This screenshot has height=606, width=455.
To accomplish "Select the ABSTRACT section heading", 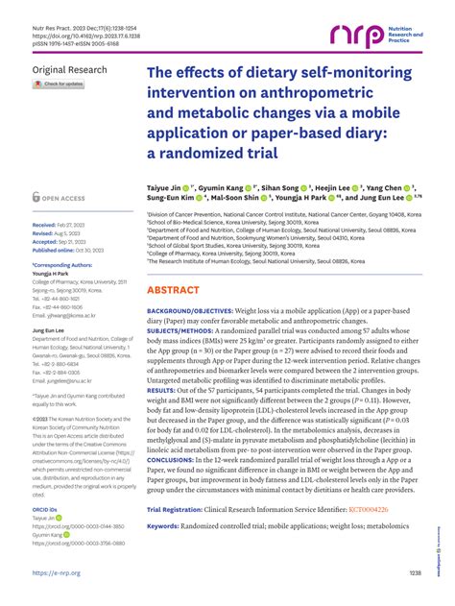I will (x=180, y=262).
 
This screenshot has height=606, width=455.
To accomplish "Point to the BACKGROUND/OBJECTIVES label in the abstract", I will (x=190, y=286).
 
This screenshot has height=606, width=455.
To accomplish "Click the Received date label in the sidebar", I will (x=46, y=223).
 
